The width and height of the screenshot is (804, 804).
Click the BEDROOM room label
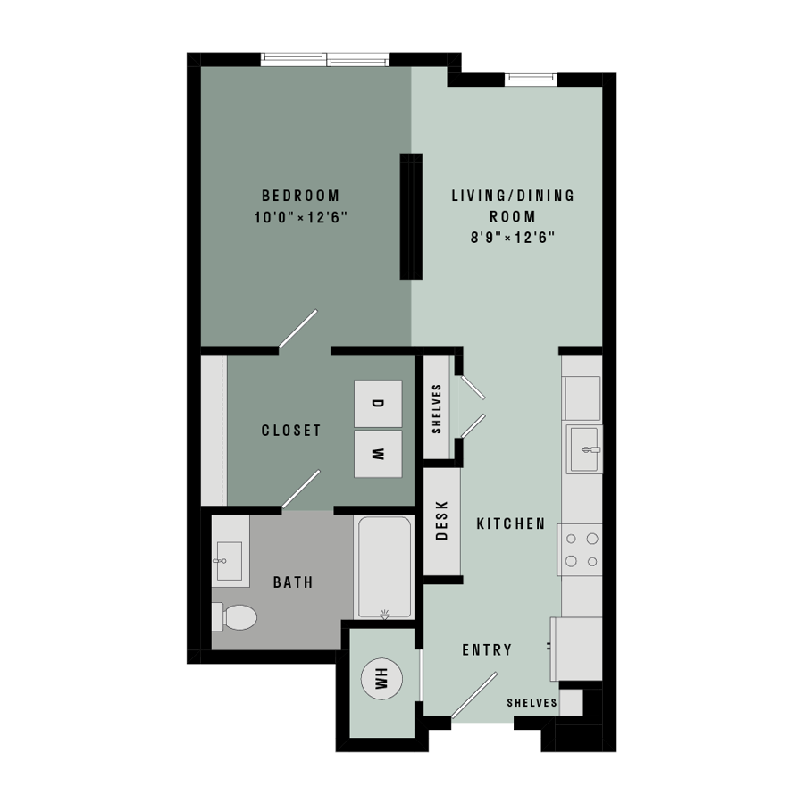300,196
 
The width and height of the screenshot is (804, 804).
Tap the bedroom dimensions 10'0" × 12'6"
300,217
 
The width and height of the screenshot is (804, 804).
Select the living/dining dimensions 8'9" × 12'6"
513,238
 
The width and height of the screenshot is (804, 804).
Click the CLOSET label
291,431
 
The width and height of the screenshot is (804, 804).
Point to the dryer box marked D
378,404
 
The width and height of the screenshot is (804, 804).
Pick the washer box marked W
378,454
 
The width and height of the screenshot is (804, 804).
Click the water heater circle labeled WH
381,679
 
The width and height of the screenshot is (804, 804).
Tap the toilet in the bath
234,616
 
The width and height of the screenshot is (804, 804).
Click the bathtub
384,566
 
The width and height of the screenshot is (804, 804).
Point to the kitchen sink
584,449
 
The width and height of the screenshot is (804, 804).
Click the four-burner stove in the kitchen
580,549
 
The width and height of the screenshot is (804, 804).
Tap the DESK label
441,521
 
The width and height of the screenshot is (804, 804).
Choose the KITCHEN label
511,523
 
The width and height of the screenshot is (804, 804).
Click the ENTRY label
487,650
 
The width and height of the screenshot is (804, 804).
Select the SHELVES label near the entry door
532,703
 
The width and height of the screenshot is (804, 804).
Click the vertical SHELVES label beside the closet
436,408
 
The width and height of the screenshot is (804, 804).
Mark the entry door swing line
474,695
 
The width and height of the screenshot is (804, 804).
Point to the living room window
531,79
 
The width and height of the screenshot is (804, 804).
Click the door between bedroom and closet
297,329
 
